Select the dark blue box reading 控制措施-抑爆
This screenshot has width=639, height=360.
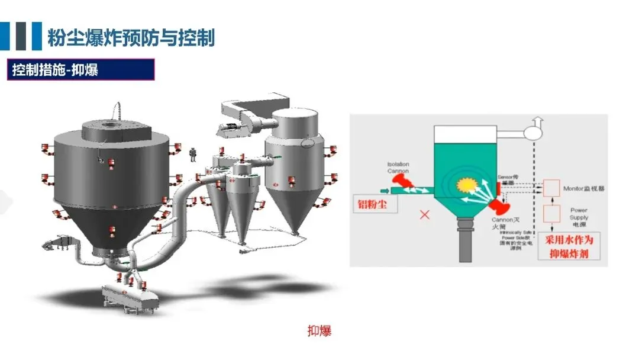pos(82,70)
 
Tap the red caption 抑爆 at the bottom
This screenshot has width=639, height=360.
pos(319,330)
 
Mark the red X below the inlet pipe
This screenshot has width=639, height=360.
pos(424,215)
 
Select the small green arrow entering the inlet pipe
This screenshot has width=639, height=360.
pos(385,190)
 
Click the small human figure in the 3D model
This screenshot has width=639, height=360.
pos(192,155)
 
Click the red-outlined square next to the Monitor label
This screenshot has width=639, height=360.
pos(551,188)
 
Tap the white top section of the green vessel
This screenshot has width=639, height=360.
pos(466,134)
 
